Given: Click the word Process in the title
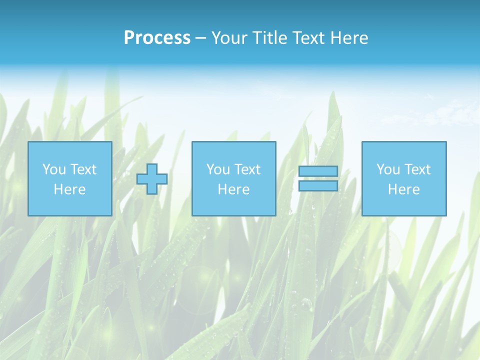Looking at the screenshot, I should (157, 38).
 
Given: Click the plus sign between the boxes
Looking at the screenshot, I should (152, 178).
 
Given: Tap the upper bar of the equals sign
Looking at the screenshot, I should (318, 171).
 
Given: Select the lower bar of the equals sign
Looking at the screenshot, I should (318, 185).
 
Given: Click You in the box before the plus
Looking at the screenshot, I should (54, 169).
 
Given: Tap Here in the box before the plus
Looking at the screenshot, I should (69, 189).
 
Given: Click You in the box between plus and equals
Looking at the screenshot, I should (218, 169).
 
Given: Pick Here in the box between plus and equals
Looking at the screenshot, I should (233, 189).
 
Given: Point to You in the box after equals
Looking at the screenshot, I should (388, 169).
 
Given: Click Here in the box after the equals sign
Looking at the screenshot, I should (403, 189).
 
